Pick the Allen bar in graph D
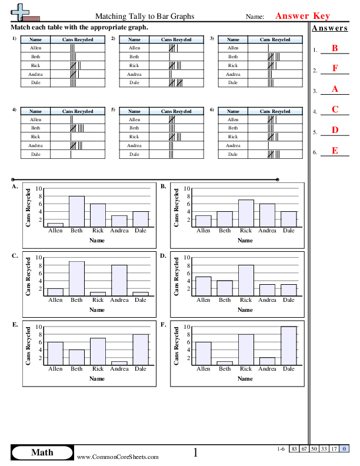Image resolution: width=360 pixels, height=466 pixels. [x=203, y=286]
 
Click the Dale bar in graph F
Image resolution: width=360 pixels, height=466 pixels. [x=288, y=345]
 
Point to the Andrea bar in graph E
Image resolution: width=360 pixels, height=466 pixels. [x=119, y=363]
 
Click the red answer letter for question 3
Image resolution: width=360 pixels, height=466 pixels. [x=335, y=89]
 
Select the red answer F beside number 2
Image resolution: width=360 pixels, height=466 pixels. [x=335, y=68]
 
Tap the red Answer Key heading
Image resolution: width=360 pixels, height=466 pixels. [x=303, y=16]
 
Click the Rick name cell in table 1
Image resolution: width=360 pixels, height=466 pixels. [x=36, y=65]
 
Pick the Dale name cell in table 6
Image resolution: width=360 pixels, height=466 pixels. [x=234, y=154]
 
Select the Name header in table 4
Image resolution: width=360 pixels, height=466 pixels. [x=36, y=111]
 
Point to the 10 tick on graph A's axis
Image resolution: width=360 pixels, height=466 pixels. [x=39, y=188]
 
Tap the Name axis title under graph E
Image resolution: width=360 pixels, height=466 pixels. [x=98, y=379]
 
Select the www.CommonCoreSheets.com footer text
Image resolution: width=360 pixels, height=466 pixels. [x=118, y=457]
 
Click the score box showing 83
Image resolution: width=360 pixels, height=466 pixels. [x=294, y=449]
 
